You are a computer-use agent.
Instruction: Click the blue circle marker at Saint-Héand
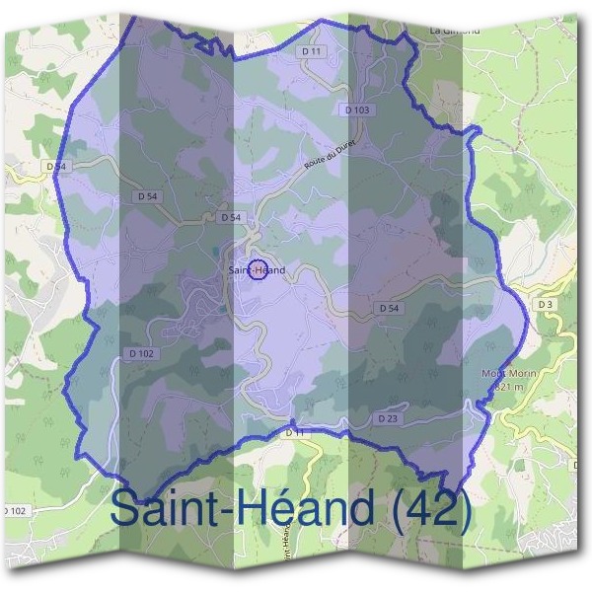pyautogui.click(x=257, y=269)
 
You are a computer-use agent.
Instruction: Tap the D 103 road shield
pyautogui.click(x=357, y=110)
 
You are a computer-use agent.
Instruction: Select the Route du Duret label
pyautogui.click(x=329, y=156)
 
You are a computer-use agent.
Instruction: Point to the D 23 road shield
pyautogui.click(x=387, y=418)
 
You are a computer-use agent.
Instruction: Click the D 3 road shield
pyautogui.click(x=546, y=304)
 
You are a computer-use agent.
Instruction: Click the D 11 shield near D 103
pyautogui.click(x=313, y=50)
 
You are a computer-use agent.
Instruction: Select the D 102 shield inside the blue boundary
pyautogui.click(x=141, y=353)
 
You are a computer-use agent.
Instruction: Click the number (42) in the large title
pyautogui.click(x=425, y=509)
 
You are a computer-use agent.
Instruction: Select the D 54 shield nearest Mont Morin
pyautogui.click(x=389, y=309)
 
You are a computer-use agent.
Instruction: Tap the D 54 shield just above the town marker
pyautogui.click(x=231, y=217)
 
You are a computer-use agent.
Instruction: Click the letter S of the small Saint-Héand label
pyautogui.click(x=231, y=270)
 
